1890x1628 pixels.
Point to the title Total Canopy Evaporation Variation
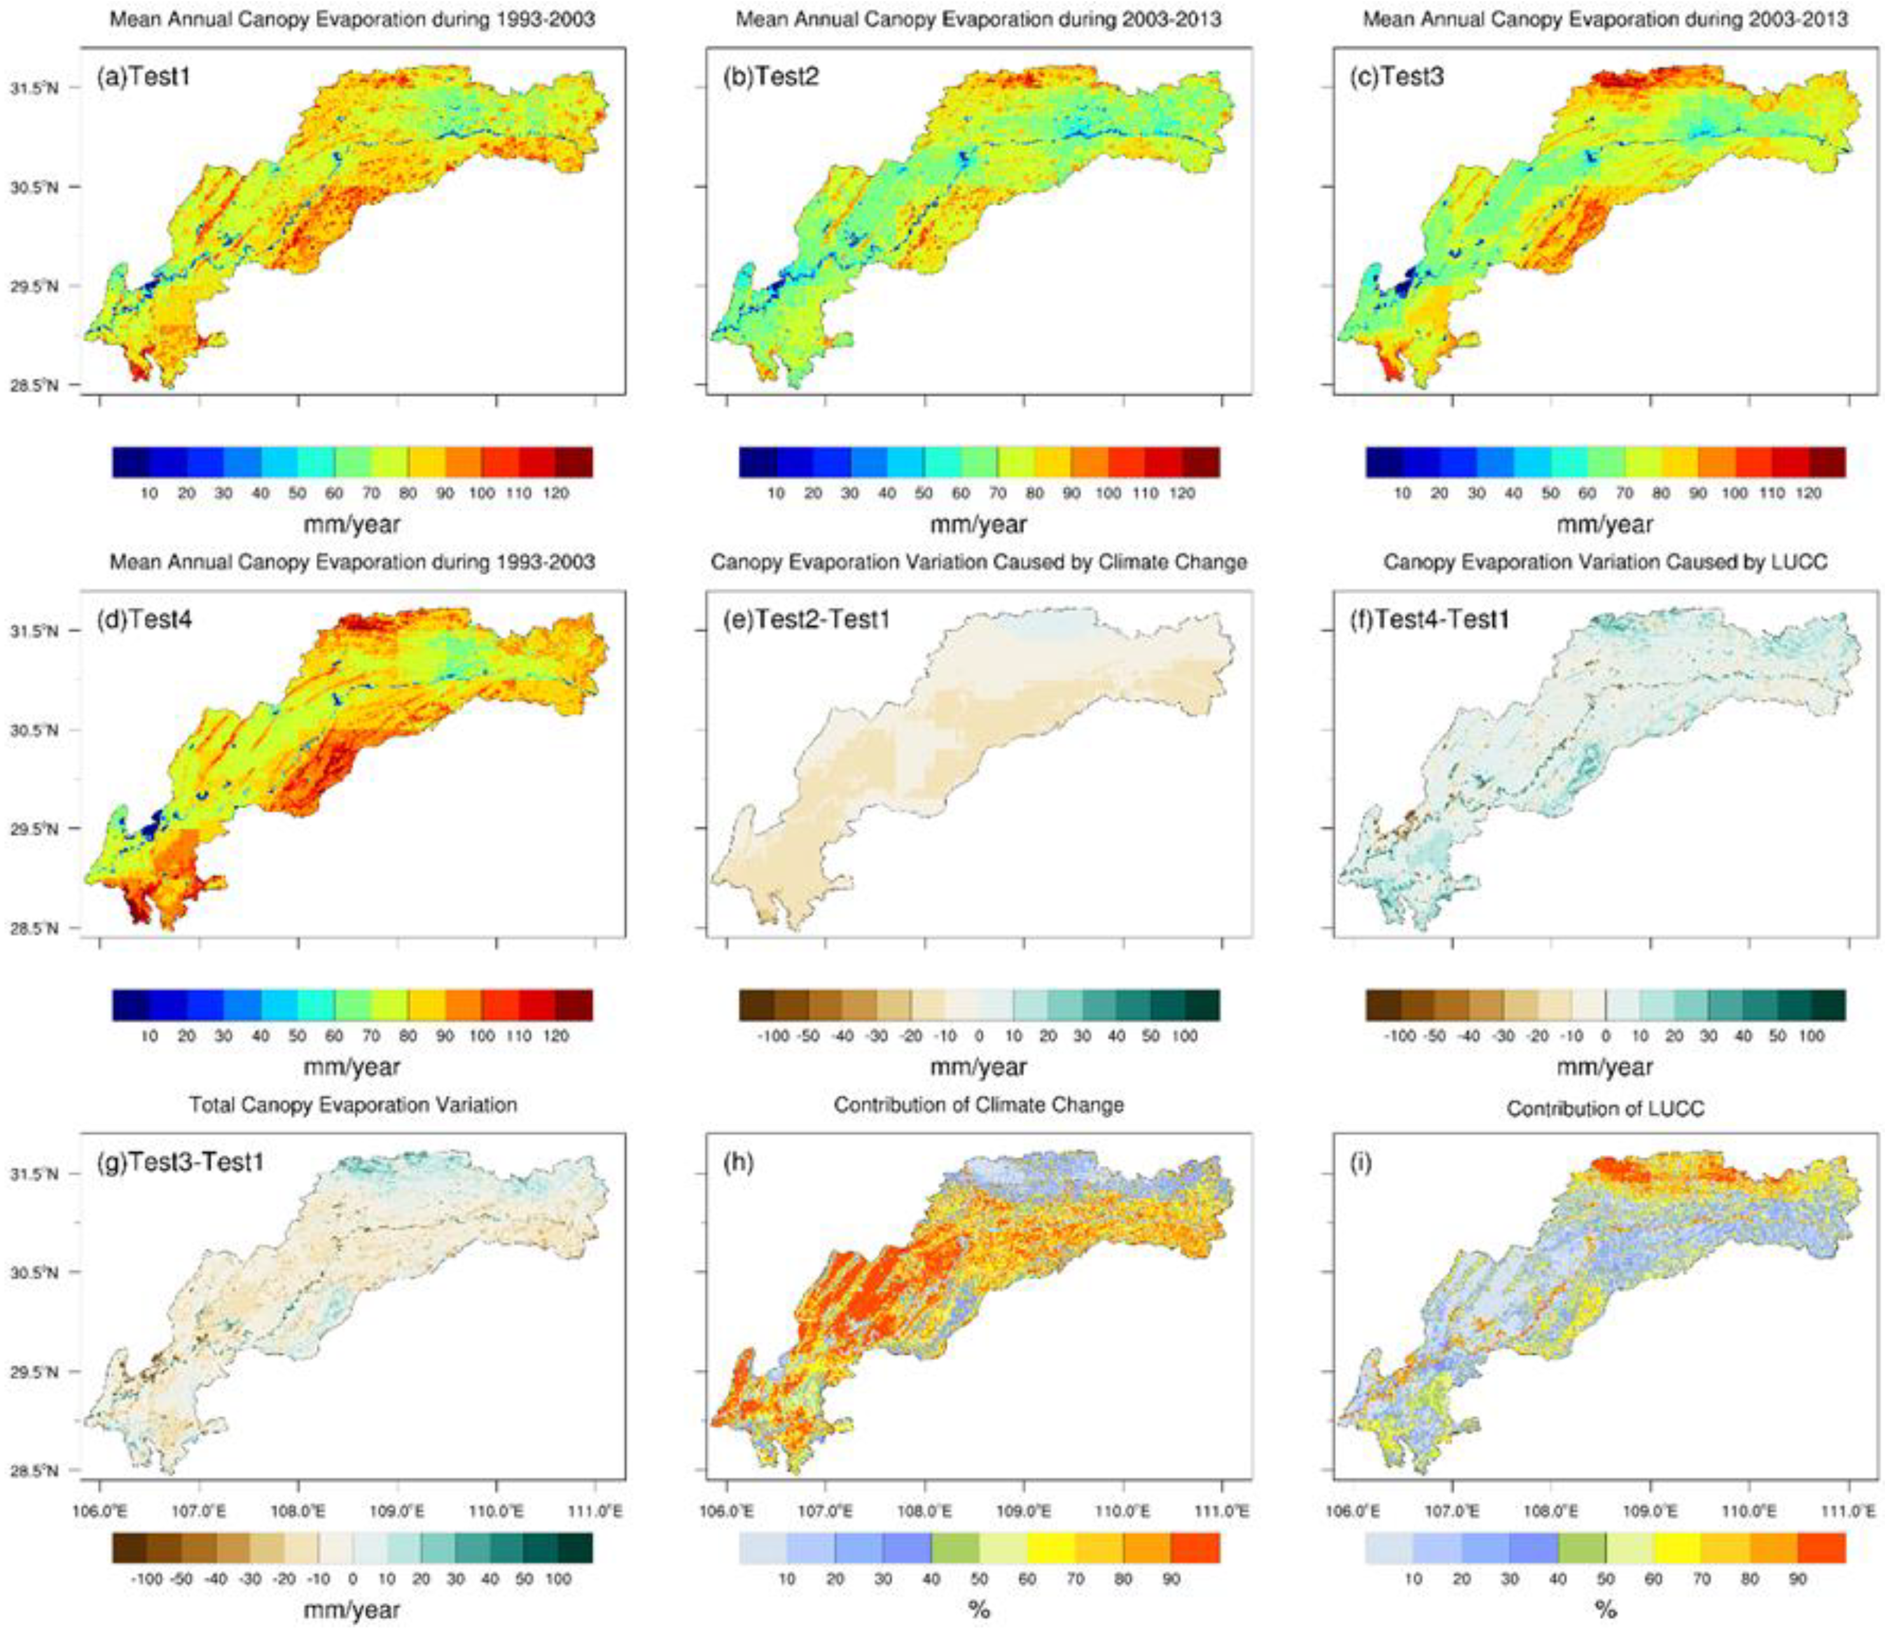tap(353, 1104)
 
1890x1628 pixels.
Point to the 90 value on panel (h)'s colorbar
tap(1171, 1578)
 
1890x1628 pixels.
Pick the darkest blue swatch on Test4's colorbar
tap(131, 1005)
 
